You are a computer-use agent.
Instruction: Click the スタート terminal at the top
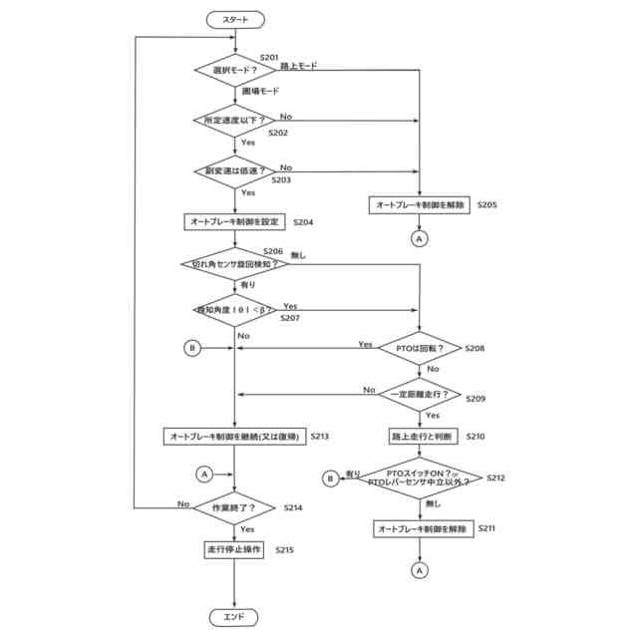pos(233,19)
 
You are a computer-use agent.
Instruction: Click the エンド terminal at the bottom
pos(233,618)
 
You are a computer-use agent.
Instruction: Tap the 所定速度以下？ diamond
pos(233,121)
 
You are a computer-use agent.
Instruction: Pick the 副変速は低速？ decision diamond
pos(233,170)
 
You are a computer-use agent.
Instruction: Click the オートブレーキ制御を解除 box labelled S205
pos(420,205)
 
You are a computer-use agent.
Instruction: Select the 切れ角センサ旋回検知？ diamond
pos(233,264)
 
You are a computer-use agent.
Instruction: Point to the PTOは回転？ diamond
pos(420,348)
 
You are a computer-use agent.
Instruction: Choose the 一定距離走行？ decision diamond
pos(420,395)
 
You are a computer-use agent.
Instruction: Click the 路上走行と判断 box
pos(420,436)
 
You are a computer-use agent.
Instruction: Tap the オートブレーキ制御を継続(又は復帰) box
pos(233,436)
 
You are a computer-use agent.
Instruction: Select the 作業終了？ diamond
pos(233,507)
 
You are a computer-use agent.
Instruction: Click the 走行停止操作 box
pos(233,550)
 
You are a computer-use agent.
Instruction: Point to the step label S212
pos(496,478)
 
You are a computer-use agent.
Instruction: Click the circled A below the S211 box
pos(420,570)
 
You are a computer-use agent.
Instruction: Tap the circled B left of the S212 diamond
pos(329,478)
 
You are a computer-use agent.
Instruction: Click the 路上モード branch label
pos(300,65)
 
